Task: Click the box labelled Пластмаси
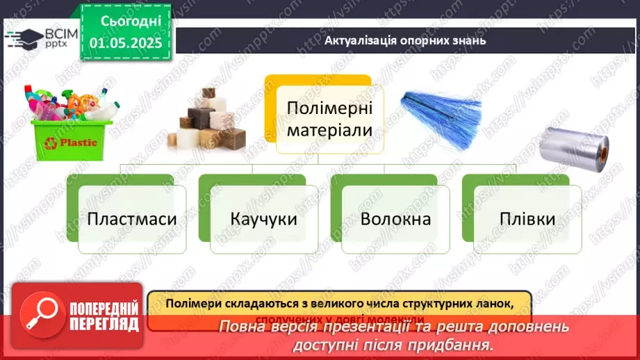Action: [x=132, y=220]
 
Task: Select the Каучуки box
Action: [x=263, y=220]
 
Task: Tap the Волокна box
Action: [x=395, y=220]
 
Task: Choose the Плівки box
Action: [x=527, y=220]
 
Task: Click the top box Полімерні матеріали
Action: [x=329, y=119]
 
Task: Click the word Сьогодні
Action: [x=126, y=21]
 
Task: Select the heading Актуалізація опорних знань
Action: [x=405, y=40]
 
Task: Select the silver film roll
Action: [x=574, y=149]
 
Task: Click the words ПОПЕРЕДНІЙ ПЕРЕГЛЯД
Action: [x=104, y=316]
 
